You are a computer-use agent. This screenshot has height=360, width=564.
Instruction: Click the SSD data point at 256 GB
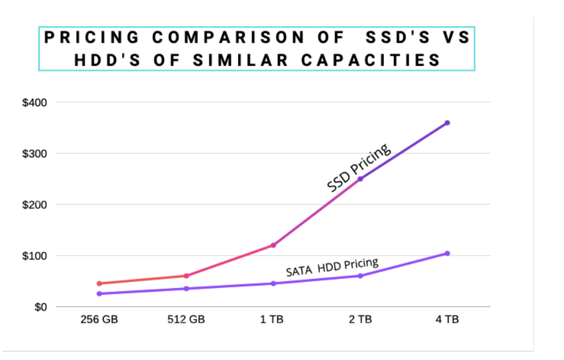pos(99,283)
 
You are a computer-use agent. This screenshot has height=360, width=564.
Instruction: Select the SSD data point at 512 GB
pos(186,276)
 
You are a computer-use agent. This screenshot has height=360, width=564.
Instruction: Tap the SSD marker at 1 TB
pos(273,245)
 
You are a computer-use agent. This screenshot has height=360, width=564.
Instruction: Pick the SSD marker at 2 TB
pos(360,179)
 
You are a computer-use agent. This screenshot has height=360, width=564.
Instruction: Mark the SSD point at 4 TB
pos(447,123)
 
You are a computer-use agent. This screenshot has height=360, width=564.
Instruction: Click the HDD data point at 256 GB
pos(99,293)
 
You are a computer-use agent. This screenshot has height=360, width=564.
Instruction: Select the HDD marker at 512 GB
pos(186,289)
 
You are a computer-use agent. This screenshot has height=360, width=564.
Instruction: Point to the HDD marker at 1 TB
pos(273,283)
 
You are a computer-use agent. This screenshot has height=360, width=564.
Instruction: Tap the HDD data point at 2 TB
pos(360,276)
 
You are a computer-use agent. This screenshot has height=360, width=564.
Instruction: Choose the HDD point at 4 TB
pos(447,253)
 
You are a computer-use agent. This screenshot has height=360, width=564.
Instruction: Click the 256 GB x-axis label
pos(99,319)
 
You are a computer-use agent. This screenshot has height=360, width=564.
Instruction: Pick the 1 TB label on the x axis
pos(273,319)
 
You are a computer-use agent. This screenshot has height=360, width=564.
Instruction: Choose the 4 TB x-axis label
pos(447,319)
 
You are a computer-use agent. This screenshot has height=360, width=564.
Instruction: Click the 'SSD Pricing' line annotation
pos(358,168)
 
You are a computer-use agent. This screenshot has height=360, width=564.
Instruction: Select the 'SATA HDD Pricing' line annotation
pos(332,267)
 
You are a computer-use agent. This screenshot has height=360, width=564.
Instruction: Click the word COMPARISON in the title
pos(228,38)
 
